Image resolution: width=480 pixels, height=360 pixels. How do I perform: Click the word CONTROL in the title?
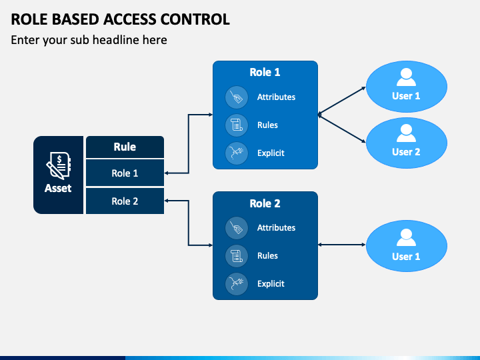(x=195, y=19)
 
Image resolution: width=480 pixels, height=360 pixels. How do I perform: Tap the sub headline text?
(x=89, y=40)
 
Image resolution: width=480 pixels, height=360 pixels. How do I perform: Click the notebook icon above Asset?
(x=59, y=165)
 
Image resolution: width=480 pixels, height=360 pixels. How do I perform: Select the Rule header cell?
(x=125, y=147)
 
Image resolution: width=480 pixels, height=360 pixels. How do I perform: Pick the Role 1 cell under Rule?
(x=125, y=173)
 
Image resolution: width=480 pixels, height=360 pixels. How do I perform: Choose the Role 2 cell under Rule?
(x=125, y=201)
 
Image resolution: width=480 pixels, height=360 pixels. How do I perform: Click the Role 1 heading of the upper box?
(x=265, y=72)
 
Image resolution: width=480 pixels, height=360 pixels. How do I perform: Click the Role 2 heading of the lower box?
(x=265, y=203)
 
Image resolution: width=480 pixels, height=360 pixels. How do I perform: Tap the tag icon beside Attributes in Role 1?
(x=236, y=97)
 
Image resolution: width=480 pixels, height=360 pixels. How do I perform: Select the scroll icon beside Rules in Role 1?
(x=236, y=125)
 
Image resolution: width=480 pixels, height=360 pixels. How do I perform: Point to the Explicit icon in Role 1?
(x=236, y=153)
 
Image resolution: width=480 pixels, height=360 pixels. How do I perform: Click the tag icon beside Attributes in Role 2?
(x=236, y=228)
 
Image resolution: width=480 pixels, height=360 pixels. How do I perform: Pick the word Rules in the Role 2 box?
(x=267, y=255)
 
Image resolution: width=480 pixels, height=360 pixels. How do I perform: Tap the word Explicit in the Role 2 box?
(x=271, y=284)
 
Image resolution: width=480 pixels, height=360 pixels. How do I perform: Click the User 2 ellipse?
(x=407, y=143)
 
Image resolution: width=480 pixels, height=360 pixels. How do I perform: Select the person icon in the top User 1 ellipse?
(x=406, y=77)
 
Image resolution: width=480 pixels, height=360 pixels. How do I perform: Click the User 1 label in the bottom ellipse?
(x=406, y=257)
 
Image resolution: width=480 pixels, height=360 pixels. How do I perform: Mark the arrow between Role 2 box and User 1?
(x=342, y=245)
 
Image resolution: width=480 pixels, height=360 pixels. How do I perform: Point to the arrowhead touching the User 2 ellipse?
(x=364, y=141)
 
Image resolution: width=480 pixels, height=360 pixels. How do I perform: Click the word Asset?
(x=58, y=188)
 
